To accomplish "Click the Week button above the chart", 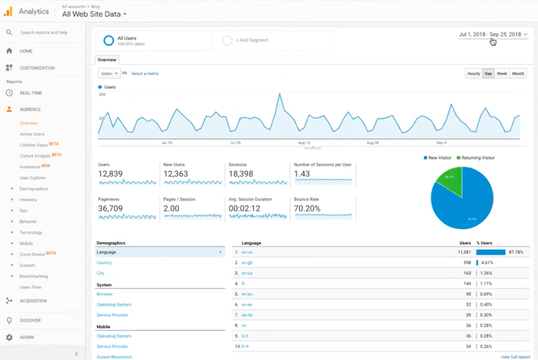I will [x=502, y=74].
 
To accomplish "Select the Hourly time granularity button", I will [x=473, y=74].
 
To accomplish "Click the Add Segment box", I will [x=275, y=41].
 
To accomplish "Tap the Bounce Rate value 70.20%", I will [x=307, y=208].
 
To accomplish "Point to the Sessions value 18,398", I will [x=241, y=174].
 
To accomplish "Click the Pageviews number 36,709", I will [x=110, y=208].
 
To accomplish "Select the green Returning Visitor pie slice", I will [x=449, y=182].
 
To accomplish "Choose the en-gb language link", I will [x=247, y=262].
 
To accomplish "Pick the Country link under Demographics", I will [x=104, y=262].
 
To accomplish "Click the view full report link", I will [x=515, y=357].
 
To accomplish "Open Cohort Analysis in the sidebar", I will [x=35, y=155].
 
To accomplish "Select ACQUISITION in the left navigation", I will [x=33, y=301].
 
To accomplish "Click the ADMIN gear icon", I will [x=9, y=337].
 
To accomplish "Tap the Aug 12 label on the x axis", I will [x=304, y=143].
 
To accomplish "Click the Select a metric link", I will [x=145, y=74].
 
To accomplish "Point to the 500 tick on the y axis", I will [x=102, y=94].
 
